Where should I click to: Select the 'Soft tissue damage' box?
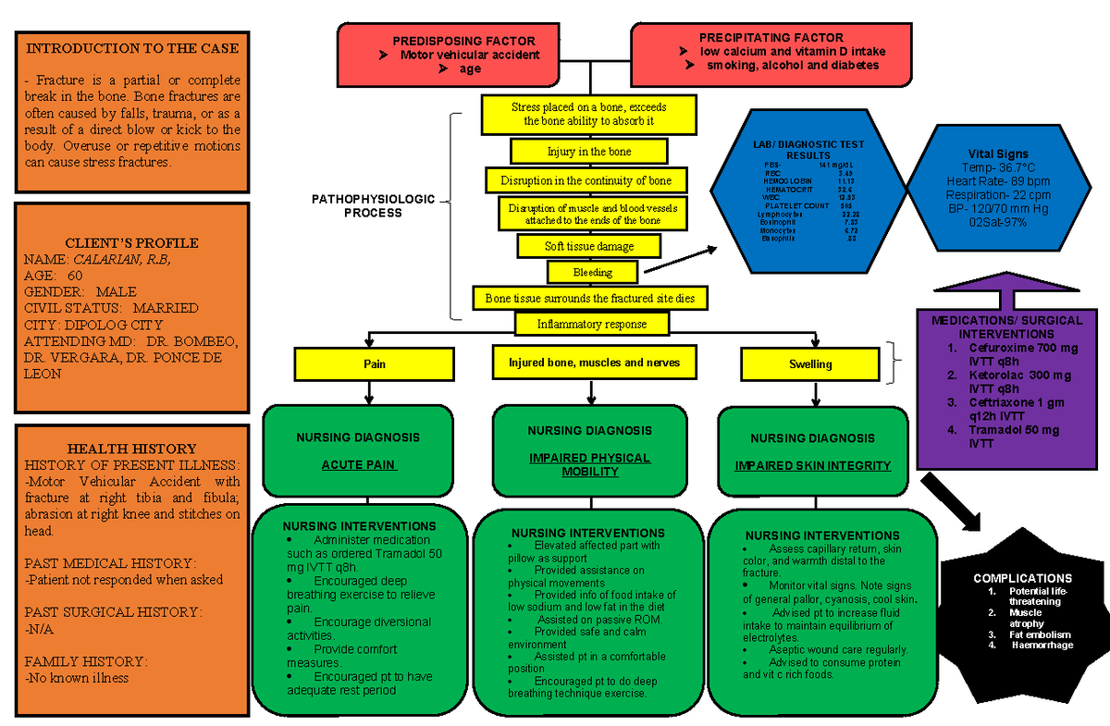pos(589,246)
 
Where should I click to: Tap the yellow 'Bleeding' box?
pos(593,272)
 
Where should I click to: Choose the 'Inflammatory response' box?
pos(592,324)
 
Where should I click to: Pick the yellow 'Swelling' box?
pos(809,363)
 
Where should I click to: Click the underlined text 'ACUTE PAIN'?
pos(358,465)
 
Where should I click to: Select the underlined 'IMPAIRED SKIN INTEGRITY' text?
pos(813,466)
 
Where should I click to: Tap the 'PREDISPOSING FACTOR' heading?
pos(463,41)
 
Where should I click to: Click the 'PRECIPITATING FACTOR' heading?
pos(771,38)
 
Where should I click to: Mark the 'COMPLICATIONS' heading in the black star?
pos(1022,578)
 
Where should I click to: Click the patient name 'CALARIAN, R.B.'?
pos(122,260)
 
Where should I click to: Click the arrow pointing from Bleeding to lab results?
pos(680,260)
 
